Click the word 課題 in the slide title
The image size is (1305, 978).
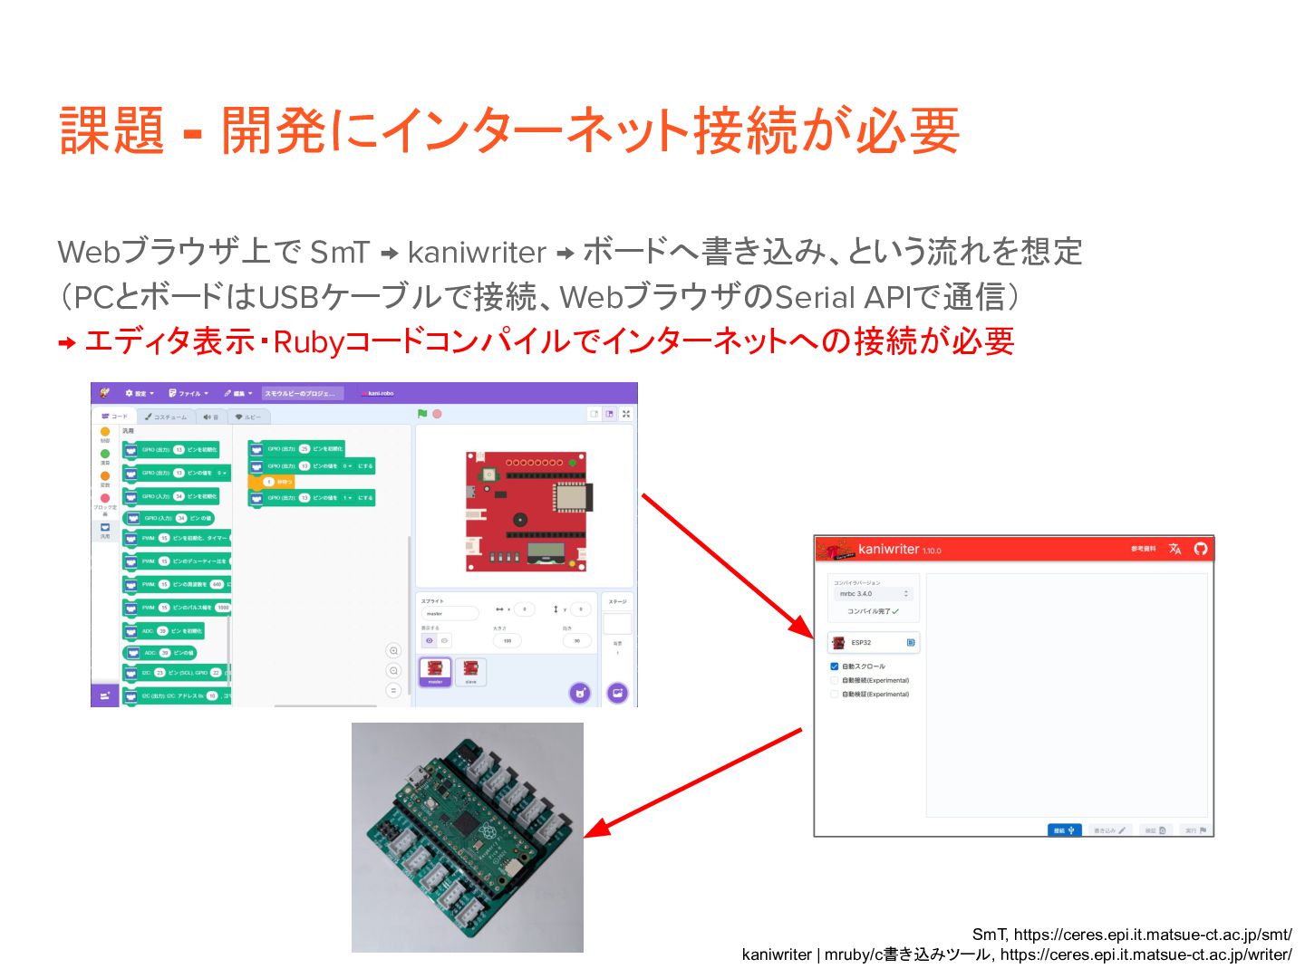click(x=111, y=130)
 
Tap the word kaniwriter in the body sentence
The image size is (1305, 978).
click(x=477, y=252)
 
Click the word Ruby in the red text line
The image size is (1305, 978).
click(x=309, y=341)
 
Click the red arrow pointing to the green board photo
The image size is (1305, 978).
click(x=693, y=782)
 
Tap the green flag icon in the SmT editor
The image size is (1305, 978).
click(x=422, y=414)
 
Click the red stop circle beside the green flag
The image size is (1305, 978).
click(x=437, y=414)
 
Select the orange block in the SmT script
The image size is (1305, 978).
click(x=271, y=482)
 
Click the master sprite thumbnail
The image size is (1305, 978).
click(x=435, y=671)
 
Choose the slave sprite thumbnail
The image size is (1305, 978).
click(x=470, y=671)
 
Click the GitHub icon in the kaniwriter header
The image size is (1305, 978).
click(x=1201, y=549)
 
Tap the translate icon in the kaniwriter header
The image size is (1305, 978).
click(x=1175, y=549)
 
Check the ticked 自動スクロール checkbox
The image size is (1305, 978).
click(x=835, y=666)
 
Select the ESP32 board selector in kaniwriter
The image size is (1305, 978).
click(x=874, y=642)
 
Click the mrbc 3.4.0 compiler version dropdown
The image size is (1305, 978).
click(x=874, y=594)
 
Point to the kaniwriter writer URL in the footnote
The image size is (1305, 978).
click(x=1146, y=954)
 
